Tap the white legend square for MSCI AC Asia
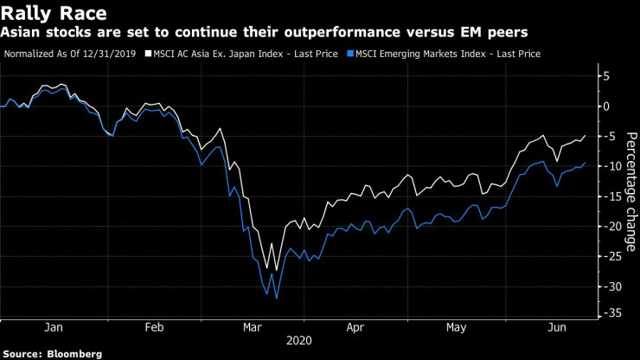point(149,53)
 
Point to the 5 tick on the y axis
point(607,76)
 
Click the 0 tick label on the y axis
point(607,106)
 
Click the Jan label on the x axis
point(53,328)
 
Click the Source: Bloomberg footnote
point(52,353)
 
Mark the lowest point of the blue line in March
point(276,298)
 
